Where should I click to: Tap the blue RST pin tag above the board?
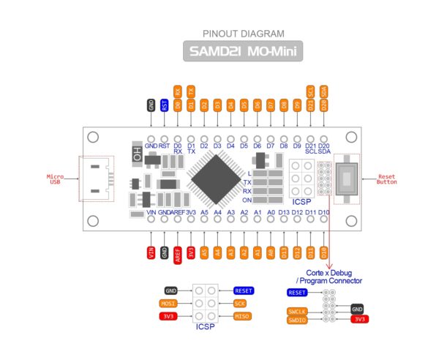(x=164, y=105)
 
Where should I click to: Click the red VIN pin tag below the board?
(x=151, y=252)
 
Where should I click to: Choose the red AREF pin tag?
(x=178, y=254)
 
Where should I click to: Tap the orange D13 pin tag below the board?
(x=284, y=252)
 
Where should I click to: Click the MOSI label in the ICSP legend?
(x=168, y=303)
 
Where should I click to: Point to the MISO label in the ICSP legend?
(x=241, y=316)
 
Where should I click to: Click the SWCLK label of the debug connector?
(x=298, y=312)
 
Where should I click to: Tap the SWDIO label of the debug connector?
(x=298, y=320)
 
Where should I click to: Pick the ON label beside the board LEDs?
(x=247, y=200)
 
